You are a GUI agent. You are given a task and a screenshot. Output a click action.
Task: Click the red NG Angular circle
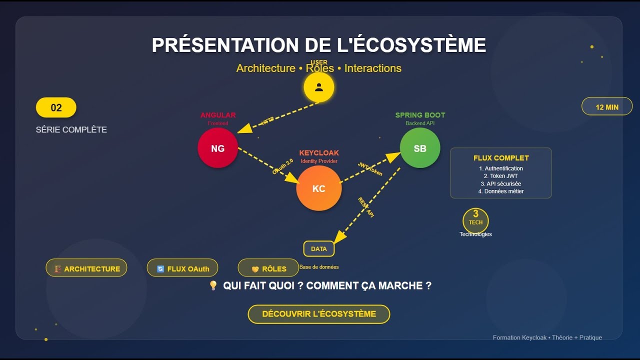click(x=217, y=148)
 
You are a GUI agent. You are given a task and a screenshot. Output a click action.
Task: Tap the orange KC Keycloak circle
click(x=318, y=188)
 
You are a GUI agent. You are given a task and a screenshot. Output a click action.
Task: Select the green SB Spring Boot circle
click(x=419, y=148)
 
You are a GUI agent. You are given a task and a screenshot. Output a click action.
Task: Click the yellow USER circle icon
click(x=318, y=87)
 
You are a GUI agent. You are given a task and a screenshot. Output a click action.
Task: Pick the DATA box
click(x=318, y=248)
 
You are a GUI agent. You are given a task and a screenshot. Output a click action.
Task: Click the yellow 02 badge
click(x=56, y=107)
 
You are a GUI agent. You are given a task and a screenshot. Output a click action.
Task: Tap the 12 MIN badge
click(x=606, y=107)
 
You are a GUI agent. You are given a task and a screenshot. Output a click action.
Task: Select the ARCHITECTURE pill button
click(x=86, y=268)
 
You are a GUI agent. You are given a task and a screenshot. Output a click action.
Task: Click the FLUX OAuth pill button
click(x=182, y=268)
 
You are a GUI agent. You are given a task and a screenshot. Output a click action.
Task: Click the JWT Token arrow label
click(x=370, y=169)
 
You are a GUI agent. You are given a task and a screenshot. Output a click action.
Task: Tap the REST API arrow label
click(x=366, y=206)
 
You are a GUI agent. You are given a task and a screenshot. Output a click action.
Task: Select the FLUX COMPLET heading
click(x=501, y=158)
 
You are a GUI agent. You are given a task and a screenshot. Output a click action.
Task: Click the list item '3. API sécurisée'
click(x=501, y=184)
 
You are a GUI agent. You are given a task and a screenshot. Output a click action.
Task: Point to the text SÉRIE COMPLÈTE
click(x=71, y=129)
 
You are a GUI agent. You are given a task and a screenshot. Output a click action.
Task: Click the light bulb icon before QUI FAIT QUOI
click(x=213, y=285)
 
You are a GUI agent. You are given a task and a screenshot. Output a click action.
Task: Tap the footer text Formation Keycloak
click(x=547, y=337)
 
